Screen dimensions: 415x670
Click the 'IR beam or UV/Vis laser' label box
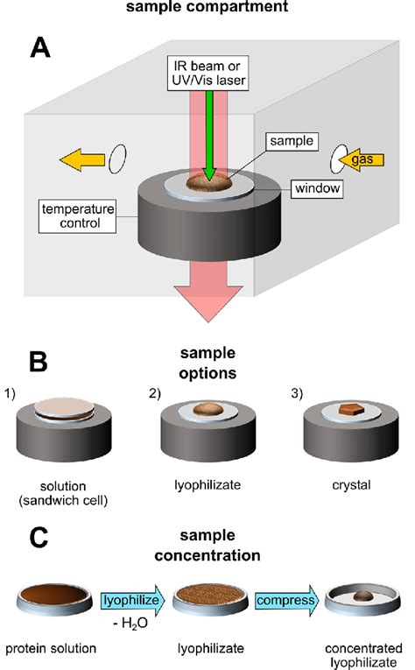tap(207, 73)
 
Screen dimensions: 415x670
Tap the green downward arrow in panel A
tap(209, 136)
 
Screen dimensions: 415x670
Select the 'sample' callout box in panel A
tap(292, 141)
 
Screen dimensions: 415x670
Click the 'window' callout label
tap(317, 188)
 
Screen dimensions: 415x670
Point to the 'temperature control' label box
tap(77, 215)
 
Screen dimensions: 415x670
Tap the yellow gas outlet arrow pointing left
tap(82, 159)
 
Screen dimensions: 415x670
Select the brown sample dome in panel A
tap(209, 182)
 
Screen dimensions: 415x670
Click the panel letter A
tap(40, 47)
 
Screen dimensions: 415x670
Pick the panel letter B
tap(39, 362)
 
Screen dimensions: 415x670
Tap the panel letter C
tap(39, 538)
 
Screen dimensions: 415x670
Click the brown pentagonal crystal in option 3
tap(351, 409)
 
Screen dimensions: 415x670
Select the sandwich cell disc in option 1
tap(64, 409)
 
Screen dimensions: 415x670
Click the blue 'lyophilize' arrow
tap(133, 600)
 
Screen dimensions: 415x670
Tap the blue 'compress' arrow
tap(287, 600)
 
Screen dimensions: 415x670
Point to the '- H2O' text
tap(130, 624)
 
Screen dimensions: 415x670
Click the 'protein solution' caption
tap(51, 649)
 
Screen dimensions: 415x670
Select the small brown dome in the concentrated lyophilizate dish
tap(363, 596)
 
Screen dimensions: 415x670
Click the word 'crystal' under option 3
tap(351, 485)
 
